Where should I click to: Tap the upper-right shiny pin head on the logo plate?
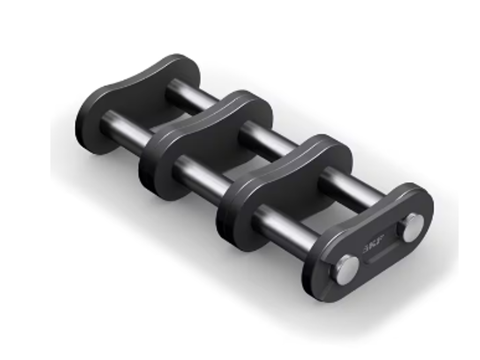coord(412,228)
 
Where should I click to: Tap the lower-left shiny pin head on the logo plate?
coord(346,269)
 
